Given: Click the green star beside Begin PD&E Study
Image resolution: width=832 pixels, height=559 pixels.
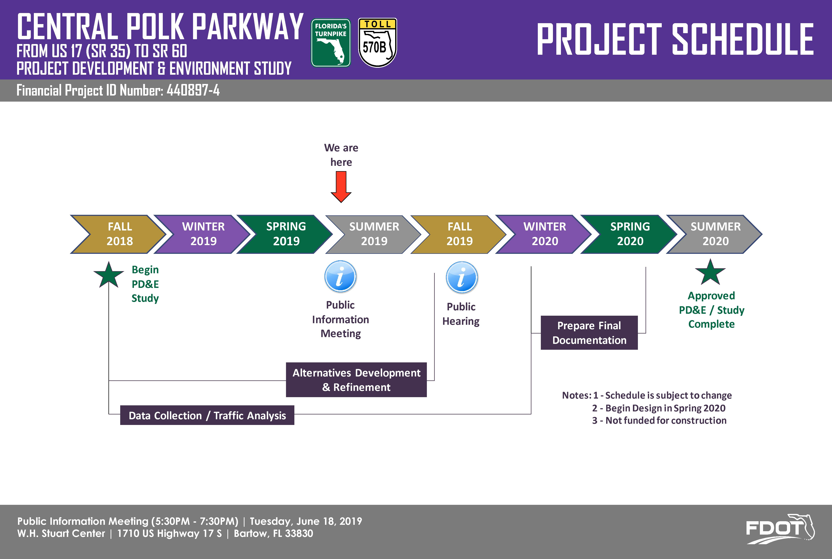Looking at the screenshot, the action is (x=109, y=275).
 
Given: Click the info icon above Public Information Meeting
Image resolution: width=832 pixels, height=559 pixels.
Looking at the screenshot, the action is (x=340, y=277).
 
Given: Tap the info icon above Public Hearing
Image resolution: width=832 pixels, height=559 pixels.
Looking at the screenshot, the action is (x=462, y=277).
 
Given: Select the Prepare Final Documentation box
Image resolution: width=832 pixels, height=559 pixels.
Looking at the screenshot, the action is (x=589, y=333).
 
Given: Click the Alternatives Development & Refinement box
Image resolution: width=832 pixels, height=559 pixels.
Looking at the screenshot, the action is (x=356, y=380).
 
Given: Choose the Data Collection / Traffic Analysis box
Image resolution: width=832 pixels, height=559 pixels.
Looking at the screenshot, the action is (x=207, y=415).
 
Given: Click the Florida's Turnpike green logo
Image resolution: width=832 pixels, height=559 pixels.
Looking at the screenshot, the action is (x=331, y=43).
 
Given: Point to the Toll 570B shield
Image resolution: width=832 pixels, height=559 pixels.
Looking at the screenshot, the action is (x=378, y=43).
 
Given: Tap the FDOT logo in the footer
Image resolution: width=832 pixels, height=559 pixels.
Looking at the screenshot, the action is (x=780, y=529).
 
